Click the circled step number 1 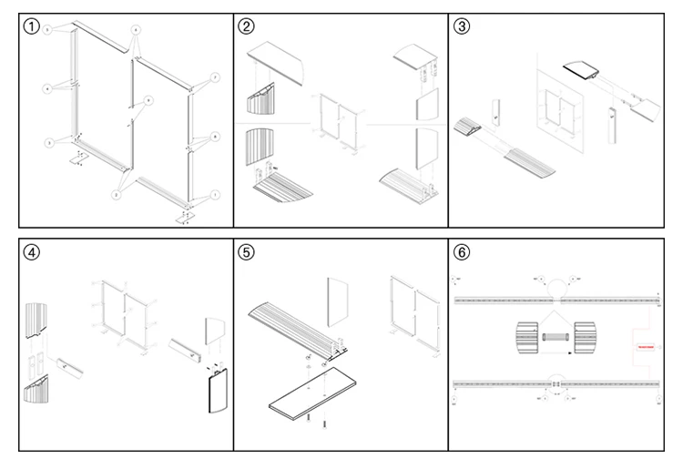[x=33, y=26]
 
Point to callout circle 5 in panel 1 [x=47, y=31]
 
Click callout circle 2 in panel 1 [x=117, y=194]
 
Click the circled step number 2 [x=248, y=26]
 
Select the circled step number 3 [x=463, y=26]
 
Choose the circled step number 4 [x=33, y=252]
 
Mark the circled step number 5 [x=248, y=252]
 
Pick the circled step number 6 [x=463, y=252]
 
